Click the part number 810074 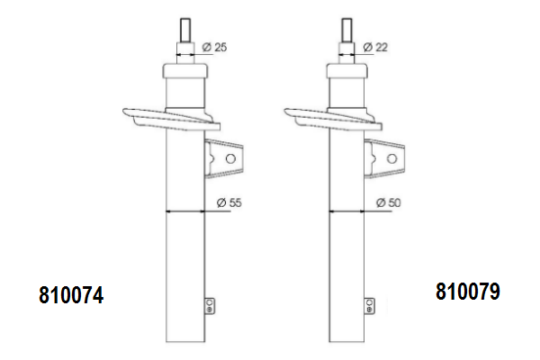71,294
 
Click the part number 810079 467,292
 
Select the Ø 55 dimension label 230,202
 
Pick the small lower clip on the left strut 210,305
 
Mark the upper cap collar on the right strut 347,69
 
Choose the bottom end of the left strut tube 185,343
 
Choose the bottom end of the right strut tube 347,343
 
